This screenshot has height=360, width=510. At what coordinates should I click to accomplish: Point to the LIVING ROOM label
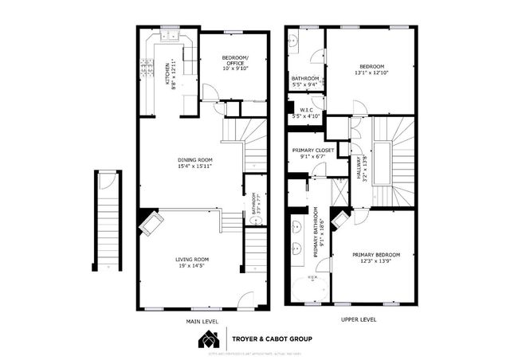coord(192,259)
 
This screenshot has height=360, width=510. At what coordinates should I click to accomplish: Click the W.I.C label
coord(306,109)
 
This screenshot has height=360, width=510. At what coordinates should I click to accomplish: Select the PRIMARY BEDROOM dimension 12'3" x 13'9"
coord(376,261)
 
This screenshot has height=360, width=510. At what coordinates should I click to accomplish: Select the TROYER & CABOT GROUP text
coord(272,338)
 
